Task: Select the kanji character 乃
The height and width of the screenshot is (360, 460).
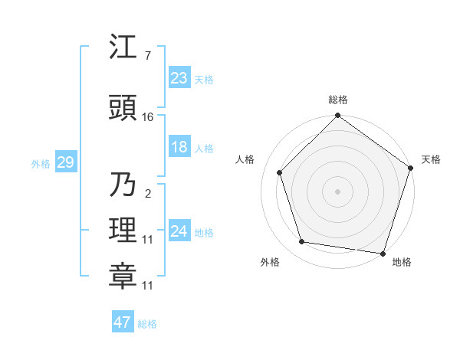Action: (123, 185)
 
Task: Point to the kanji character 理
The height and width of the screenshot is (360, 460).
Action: (123, 230)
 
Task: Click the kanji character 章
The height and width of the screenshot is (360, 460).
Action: (123, 276)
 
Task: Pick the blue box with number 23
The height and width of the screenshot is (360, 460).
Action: (179, 77)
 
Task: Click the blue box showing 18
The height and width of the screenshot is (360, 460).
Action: (179, 147)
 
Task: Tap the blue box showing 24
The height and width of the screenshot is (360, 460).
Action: (179, 231)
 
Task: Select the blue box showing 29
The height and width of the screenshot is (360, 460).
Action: (65, 162)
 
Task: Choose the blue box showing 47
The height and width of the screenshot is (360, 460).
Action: (123, 322)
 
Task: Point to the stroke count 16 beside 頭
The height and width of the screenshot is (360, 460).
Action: (148, 116)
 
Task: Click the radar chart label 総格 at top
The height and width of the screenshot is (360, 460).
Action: (338, 100)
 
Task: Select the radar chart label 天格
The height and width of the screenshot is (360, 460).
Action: (432, 159)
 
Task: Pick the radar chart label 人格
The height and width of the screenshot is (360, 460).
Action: (245, 159)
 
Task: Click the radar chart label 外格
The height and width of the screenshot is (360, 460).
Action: (270, 262)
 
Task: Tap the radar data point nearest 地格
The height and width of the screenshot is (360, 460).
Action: (383, 253)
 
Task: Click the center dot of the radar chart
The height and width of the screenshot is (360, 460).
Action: (337, 191)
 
